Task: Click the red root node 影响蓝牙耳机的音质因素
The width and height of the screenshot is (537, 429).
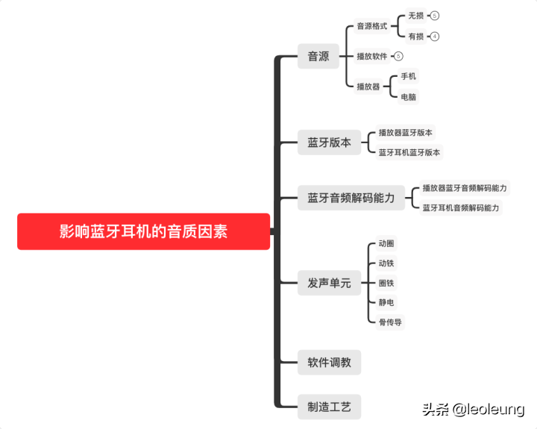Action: pos(143,231)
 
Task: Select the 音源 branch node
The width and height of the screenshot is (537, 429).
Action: pos(318,56)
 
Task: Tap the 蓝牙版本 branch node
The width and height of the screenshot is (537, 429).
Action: pos(329,142)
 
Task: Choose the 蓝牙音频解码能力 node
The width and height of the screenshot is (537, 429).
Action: pos(351,198)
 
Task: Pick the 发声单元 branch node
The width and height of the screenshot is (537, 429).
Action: pos(329,283)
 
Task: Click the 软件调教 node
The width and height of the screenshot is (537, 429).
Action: pos(329,363)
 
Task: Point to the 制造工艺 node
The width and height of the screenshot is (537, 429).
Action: pos(329,407)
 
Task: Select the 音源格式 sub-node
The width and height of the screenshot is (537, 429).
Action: pos(371,26)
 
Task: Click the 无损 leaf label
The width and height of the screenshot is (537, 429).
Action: pos(415,16)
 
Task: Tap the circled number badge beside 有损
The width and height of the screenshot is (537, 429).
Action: pos(435,37)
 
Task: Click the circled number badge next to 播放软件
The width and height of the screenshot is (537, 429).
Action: pos(398,56)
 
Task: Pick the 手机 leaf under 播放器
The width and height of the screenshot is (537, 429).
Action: pos(409,76)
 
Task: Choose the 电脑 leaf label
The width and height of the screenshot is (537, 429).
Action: pos(409,97)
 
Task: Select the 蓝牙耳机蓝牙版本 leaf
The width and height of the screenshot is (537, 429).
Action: pos(409,152)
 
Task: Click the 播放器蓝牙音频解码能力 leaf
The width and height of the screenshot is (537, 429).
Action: pos(464,188)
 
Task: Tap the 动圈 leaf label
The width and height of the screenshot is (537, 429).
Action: pos(386,243)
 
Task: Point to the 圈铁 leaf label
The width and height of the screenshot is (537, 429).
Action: pos(386,283)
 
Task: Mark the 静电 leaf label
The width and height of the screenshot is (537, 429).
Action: pos(386,302)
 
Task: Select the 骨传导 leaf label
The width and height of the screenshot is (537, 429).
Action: pos(390,322)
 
